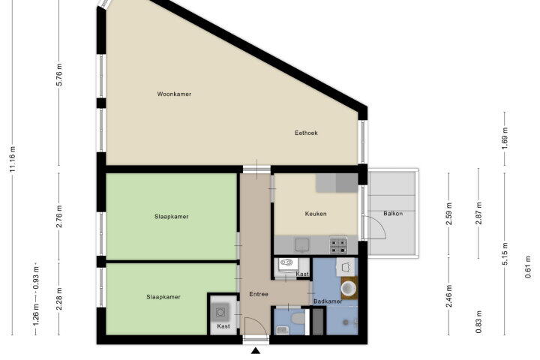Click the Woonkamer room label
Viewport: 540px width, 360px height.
click(x=174, y=94)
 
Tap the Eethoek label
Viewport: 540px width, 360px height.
click(x=306, y=133)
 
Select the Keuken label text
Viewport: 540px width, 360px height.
click(x=316, y=214)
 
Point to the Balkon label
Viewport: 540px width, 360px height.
click(x=393, y=214)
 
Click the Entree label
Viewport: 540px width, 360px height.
click(x=259, y=294)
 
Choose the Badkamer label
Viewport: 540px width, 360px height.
click(x=328, y=301)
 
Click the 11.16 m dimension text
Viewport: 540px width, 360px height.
click(x=13, y=159)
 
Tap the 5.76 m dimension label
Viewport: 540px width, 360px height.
click(x=59, y=74)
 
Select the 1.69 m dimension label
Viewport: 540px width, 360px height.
click(x=505, y=138)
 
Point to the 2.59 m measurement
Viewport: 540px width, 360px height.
click(x=448, y=214)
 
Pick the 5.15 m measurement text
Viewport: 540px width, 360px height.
click(x=505, y=254)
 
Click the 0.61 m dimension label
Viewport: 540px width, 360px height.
click(x=528, y=267)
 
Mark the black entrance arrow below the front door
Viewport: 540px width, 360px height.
click(x=256, y=351)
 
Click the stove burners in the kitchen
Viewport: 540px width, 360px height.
click(x=338, y=245)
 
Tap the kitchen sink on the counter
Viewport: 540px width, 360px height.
click(x=302, y=244)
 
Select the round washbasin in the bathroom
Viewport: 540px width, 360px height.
click(x=349, y=289)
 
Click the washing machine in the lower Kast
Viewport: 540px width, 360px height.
click(x=220, y=312)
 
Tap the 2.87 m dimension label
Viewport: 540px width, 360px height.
click(x=478, y=214)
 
